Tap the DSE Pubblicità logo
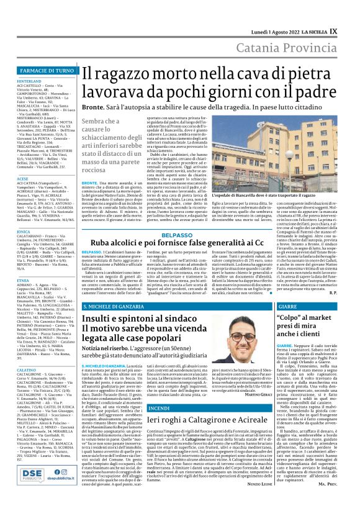[x=42, y=492]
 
